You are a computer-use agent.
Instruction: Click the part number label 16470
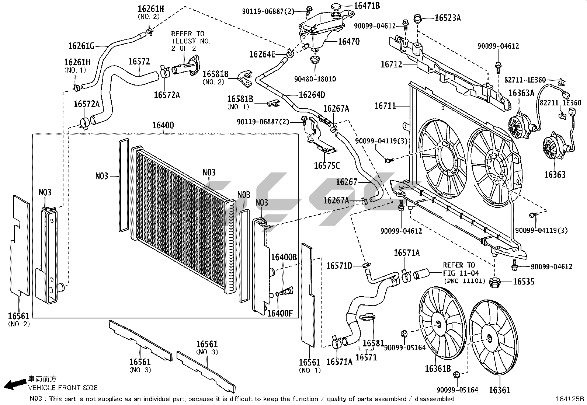[x=349, y=41]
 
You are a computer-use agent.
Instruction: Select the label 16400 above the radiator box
[x=163, y=125]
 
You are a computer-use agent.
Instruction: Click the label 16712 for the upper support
[x=391, y=64]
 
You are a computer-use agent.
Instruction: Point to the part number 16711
[x=385, y=105]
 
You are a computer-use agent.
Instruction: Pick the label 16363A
[x=521, y=93]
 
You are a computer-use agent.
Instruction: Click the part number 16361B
[x=438, y=369]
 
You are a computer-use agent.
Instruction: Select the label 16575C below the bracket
[x=327, y=165]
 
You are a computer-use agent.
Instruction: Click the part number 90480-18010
[x=315, y=79]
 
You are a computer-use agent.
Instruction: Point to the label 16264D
[x=312, y=95]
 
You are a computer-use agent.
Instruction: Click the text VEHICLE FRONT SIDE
[x=63, y=388]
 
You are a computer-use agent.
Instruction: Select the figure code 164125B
[x=570, y=399]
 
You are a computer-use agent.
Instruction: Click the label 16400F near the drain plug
[x=279, y=313]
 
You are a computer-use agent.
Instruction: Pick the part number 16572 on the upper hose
[x=139, y=61]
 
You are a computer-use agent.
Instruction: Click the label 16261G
[x=81, y=46]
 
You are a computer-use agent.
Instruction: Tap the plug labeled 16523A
[x=417, y=18]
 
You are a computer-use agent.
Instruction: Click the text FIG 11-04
[x=461, y=273]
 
